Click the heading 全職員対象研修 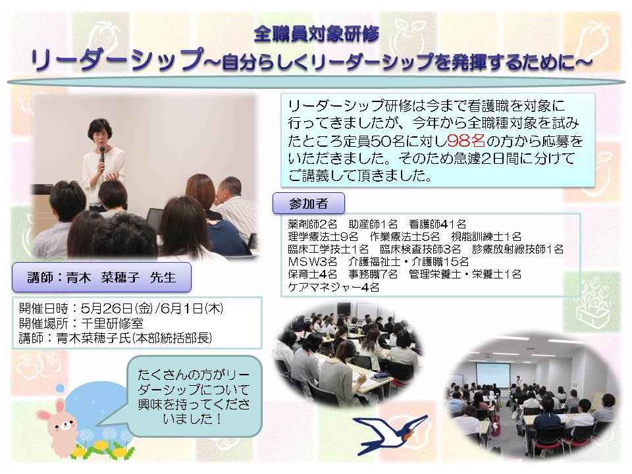pyautogui.click(x=317, y=34)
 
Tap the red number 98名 pyautogui.click(x=466, y=141)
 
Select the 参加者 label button pyautogui.click(x=308, y=203)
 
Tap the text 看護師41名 pyautogui.click(x=437, y=224)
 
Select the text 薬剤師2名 pyautogui.click(x=312, y=224)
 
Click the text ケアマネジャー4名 pyautogui.click(x=333, y=288)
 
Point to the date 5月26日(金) pyautogui.click(x=117, y=309)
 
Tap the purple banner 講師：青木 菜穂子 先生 pyautogui.click(x=101, y=277)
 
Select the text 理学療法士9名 pyautogui.click(x=323, y=236)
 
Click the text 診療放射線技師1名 pyautogui.click(x=517, y=249)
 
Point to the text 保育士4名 pyautogui.click(x=312, y=275)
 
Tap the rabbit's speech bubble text pyautogui.click(x=194, y=396)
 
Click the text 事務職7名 pyautogui.click(x=373, y=275)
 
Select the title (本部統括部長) pyautogui.click(x=172, y=338)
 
